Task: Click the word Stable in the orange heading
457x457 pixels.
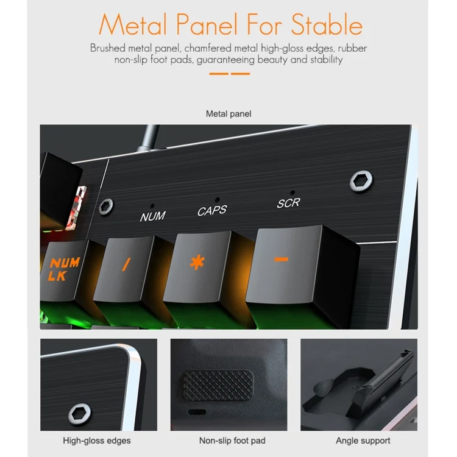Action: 327,25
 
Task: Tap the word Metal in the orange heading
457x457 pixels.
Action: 133,25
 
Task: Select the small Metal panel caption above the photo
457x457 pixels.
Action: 228,114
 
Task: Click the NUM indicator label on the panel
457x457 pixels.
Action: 153,216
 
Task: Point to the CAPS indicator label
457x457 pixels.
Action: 212,210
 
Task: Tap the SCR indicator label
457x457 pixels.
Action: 289,203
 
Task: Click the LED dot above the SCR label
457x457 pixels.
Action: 292,193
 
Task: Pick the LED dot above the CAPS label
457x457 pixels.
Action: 217,200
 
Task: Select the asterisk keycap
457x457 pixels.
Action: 198,267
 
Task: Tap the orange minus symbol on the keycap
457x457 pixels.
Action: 282,259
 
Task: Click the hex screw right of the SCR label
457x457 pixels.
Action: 361,181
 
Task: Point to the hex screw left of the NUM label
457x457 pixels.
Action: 106,207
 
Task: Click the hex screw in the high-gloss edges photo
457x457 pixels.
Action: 80,414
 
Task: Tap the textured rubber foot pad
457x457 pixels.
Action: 218,385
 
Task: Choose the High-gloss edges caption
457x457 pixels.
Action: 97,441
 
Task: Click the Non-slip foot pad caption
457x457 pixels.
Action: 232,441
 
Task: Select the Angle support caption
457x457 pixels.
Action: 363,441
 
